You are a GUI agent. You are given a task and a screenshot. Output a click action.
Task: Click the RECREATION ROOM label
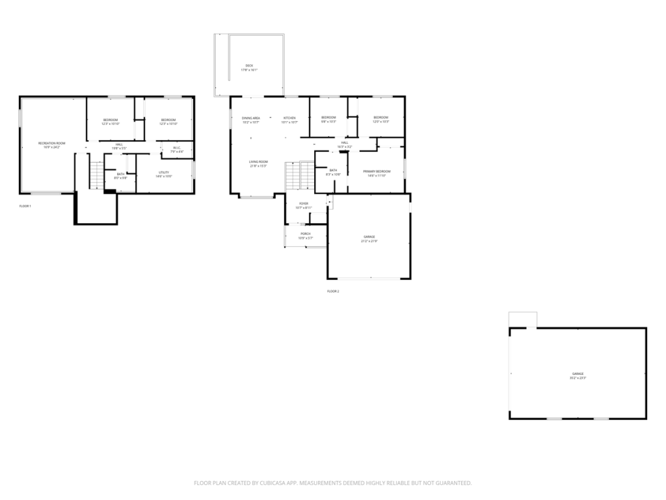[52, 145]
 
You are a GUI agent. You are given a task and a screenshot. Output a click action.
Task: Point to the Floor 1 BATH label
[121, 175]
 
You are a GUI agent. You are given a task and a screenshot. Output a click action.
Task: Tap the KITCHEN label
[289, 119]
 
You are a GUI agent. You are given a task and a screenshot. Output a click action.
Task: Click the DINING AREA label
[251, 119]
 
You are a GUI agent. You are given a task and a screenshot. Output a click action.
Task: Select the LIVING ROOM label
[258, 163]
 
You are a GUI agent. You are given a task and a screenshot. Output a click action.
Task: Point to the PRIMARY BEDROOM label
[377, 173]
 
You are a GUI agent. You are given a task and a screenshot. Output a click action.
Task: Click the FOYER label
[303, 205]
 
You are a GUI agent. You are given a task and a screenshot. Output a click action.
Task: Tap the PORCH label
[305, 235]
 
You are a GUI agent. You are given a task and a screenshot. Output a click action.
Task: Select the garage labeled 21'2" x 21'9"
[369, 238]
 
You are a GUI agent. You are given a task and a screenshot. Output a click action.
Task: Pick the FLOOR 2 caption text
[333, 291]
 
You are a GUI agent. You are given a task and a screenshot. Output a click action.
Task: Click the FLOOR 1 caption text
[25, 206]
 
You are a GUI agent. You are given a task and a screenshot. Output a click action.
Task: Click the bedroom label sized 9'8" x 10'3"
[328, 119]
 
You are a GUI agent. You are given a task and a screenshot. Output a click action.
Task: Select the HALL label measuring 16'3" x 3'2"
[345, 144]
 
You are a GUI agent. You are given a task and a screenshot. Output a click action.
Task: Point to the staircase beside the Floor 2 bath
[299, 176]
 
